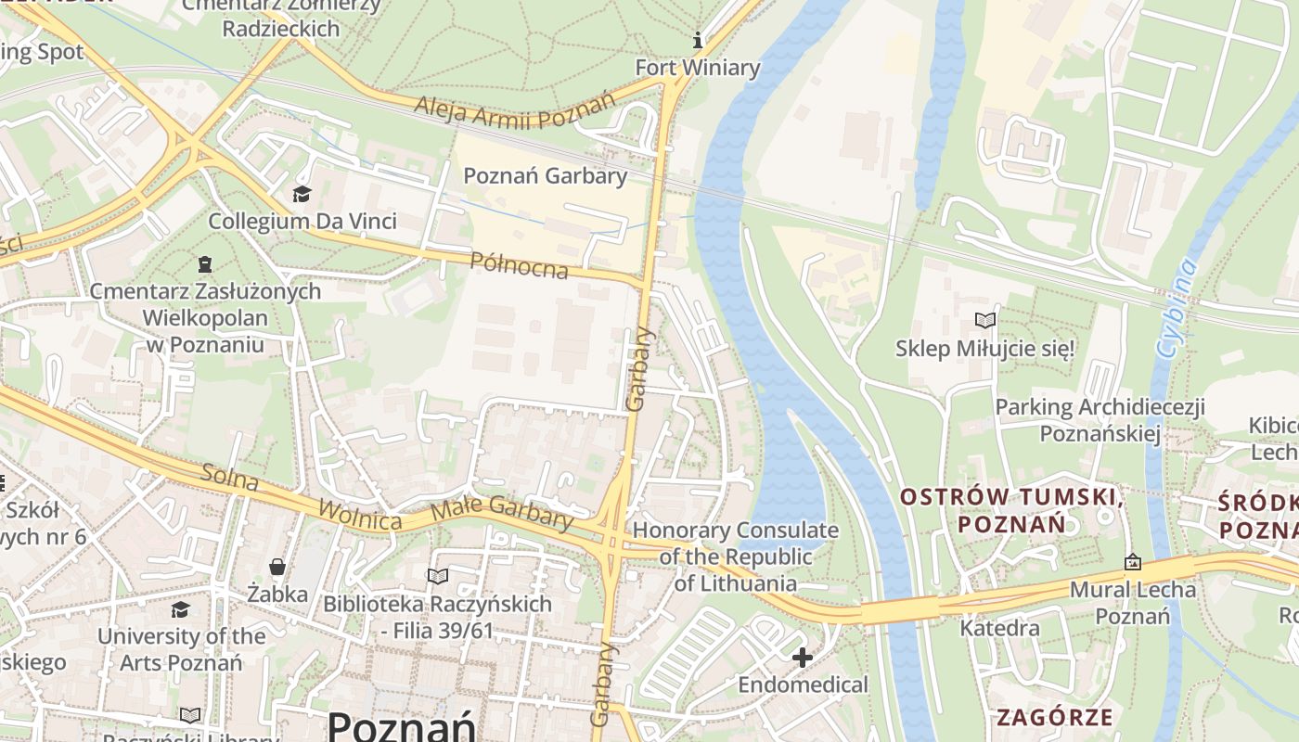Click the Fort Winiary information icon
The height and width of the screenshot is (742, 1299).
tap(698, 41)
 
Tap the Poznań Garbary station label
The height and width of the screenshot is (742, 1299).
tap(545, 175)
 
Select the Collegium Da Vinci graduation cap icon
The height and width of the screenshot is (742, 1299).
tap(302, 194)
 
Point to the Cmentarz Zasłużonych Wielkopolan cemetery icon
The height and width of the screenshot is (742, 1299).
tap(205, 264)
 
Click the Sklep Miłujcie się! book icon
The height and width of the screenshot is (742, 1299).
tap(984, 321)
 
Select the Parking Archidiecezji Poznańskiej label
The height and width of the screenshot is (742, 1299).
tap(1100, 420)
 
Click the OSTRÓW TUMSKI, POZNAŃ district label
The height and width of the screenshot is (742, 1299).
tap(1012, 511)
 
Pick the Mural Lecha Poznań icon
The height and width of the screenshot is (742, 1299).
tap(1132, 562)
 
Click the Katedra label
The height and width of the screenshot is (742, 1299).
tap(999, 628)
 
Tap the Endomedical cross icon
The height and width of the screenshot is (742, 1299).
tap(803, 658)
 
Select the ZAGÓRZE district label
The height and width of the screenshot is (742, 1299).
tap(1054, 717)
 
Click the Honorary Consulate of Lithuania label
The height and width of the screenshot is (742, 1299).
tap(735, 556)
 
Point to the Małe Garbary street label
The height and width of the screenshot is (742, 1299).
tap(502, 512)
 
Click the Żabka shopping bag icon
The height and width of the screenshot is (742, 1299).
tap(277, 566)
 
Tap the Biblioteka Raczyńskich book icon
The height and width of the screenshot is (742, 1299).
tap(437, 577)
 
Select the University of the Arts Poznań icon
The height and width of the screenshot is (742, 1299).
tap(180, 609)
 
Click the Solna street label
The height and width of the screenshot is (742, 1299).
tap(229, 478)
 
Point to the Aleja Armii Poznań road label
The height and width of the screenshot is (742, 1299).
tap(515, 109)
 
